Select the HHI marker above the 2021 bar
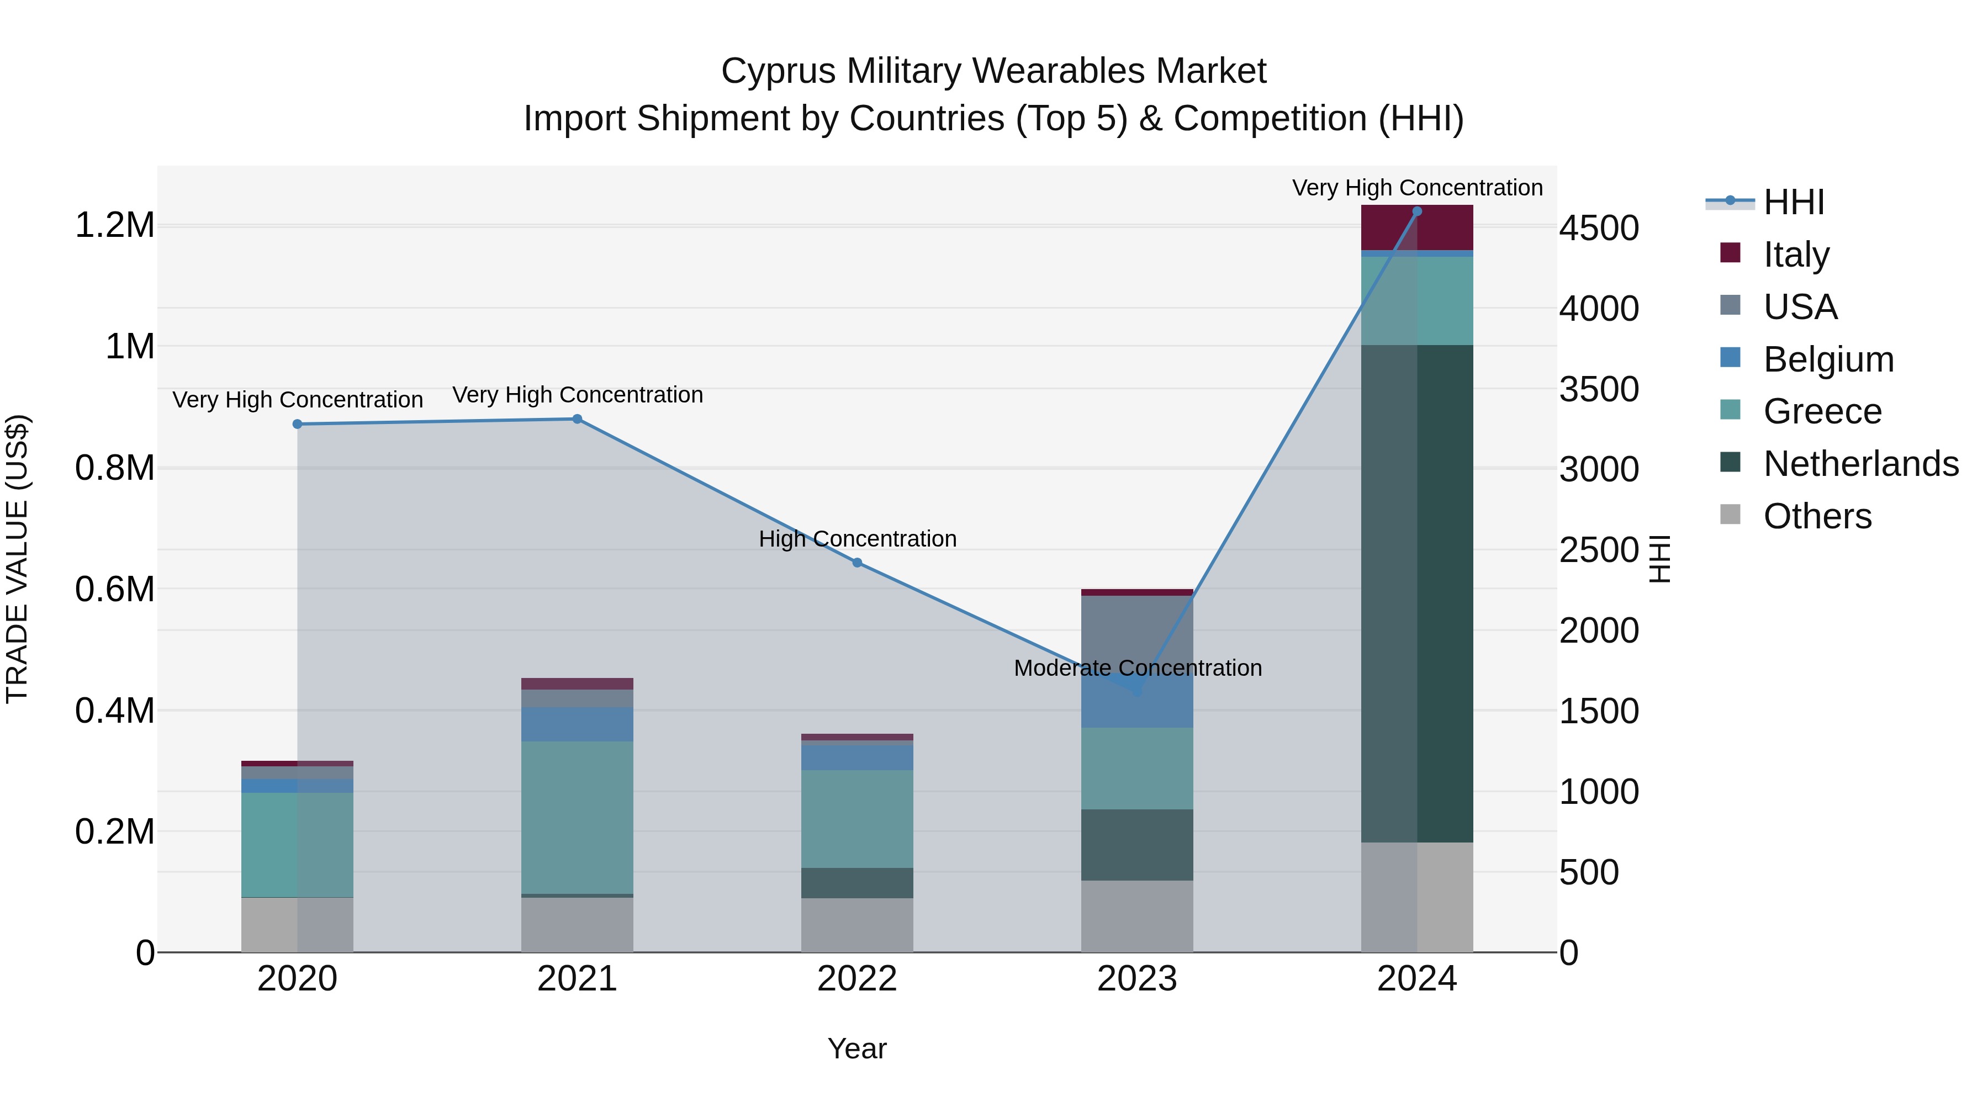[x=577, y=419]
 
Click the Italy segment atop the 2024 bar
[x=1417, y=227]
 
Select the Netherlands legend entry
[x=1860, y=464]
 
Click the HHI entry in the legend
[x=1794, y=202]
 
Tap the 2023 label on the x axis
[x=1137, y=979]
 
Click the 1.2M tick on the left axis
[x=115, y=225]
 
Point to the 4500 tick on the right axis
[x=1598, y=229]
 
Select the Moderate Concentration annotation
[x=1137, y=667]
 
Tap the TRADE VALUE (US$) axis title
[x=17, y=559]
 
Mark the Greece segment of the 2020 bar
[x=297, y=844]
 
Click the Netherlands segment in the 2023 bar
[x=1137, y=844]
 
